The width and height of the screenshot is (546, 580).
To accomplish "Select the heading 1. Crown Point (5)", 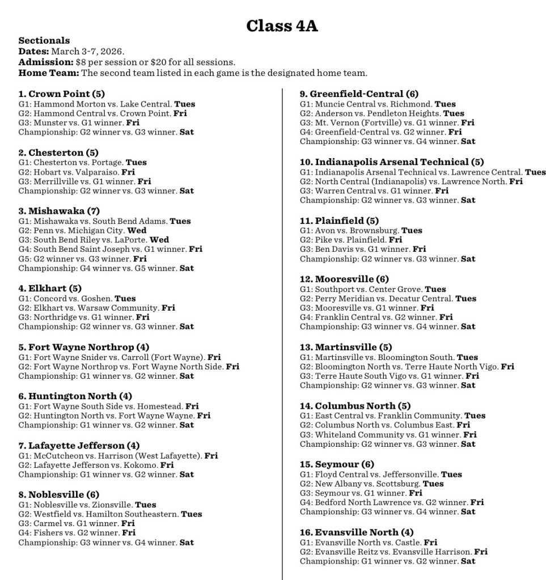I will coord(62,94).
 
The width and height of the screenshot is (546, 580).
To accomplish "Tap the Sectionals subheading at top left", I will coord(44,40).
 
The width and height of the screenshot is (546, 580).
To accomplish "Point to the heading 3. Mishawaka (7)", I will coord(59,211).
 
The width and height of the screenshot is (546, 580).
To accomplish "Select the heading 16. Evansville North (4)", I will coord(357,532).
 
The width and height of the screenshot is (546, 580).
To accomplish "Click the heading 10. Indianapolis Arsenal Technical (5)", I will coord(392,162).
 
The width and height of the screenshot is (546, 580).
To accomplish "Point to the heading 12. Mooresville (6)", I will coord(344,280).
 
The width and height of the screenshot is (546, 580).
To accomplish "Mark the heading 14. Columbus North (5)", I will coord(355,406).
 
